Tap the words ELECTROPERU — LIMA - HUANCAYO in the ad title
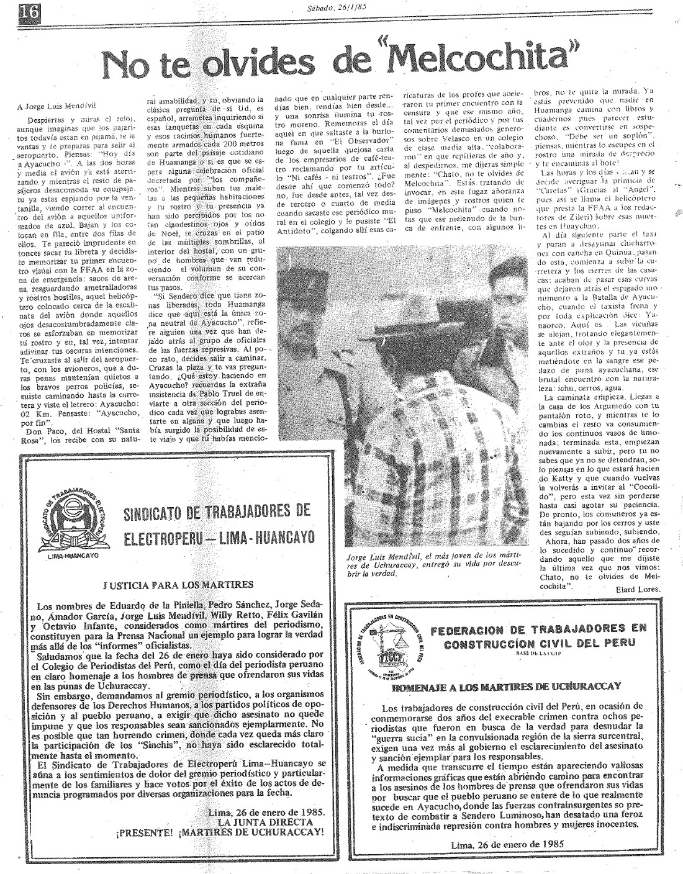(219, 536)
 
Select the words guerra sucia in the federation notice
(415, 740)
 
